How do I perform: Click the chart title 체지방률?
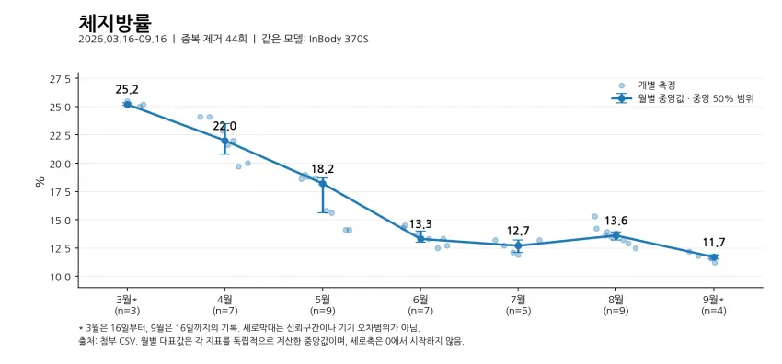pos(115,23)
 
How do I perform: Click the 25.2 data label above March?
pos(127,90)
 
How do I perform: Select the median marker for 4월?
pos(224,141)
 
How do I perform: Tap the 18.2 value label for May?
pos(323,169)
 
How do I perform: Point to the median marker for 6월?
pos(420,238)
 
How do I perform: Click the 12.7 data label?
pos(518,231)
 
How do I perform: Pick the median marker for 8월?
pos(615,235)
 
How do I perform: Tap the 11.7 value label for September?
pos(714,243)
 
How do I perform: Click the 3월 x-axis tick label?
pos(127,300)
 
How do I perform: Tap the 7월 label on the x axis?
pos(518,300)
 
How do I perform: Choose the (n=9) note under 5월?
pos(323,311)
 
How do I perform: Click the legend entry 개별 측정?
pos(657,85)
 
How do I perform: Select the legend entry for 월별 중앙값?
pos(696,98)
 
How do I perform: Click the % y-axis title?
pos(40,181)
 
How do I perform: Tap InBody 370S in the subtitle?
pos(339,40)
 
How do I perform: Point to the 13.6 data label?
pos(615,221)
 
